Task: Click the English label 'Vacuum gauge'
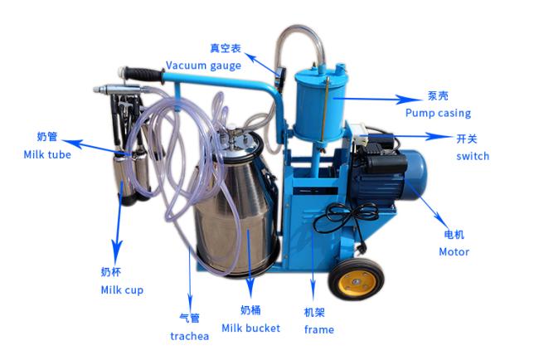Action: coord(203,66)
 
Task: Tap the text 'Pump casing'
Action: coord(438,113)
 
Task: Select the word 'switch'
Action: coord(473,156)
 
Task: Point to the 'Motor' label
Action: coord(454,251)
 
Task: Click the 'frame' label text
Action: coord(319,329)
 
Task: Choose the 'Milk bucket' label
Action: coord(251,328)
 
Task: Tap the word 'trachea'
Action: coord(189,336)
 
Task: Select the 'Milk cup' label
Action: coord(122,289)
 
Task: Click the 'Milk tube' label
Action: coord(47,154)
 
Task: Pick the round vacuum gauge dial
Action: coord(281,75)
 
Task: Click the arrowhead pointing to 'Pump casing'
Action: coord(406,100)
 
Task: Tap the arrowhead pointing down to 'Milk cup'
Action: coord(117,252)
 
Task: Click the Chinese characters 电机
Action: coord(454,235)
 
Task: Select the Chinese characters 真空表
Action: coord(226,48)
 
